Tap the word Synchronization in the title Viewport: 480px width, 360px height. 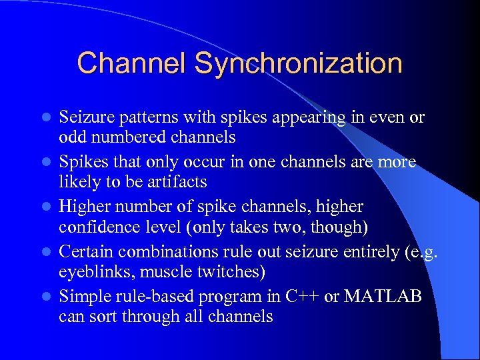click(298, 64)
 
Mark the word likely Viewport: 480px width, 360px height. click(77, 181)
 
